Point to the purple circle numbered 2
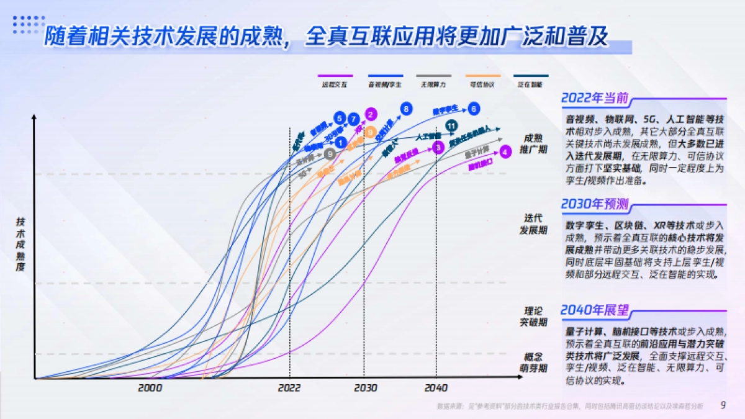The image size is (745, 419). (371, 114)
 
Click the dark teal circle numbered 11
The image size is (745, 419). (452, 127)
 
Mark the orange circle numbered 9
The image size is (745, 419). (370, 132)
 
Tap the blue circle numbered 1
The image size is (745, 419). (340, 143)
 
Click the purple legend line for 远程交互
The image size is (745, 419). (335, 75)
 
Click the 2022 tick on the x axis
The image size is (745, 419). (289, 388)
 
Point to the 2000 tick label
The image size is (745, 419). (150, 388)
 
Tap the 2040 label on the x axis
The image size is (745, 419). (436, 388)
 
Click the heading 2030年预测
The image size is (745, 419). (595, 204)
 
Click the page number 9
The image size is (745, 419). (723, 405)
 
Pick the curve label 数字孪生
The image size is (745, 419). (445, 110)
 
